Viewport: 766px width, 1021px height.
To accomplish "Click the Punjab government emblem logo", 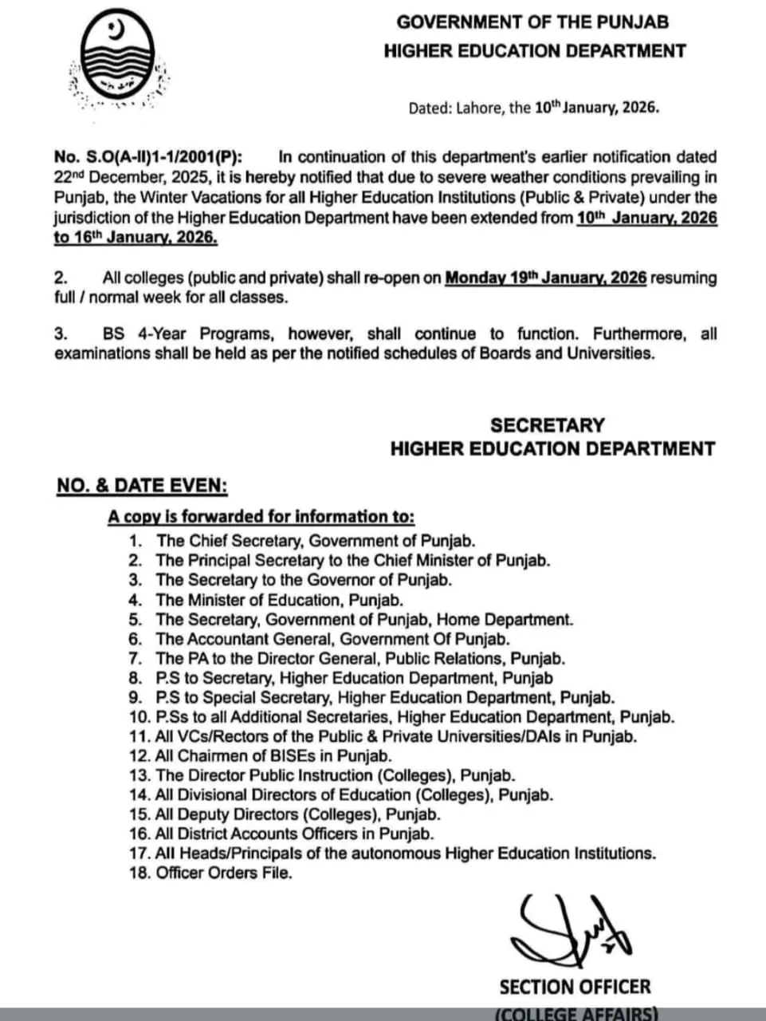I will click(x=120, y=60).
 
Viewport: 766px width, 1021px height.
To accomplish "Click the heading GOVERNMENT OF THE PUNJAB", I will click(x=532, y=22).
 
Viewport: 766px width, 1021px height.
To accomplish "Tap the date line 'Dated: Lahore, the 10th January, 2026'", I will click(x=533, y=108).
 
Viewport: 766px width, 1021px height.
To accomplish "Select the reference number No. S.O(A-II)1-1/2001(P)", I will click(x=148, y=157).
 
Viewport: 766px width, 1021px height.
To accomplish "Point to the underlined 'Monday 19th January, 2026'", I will click(x=545, y=278).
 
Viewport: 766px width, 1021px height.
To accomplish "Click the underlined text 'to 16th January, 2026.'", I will click(x=136, y=237).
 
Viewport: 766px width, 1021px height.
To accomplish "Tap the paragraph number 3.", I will click(x=61, y=334).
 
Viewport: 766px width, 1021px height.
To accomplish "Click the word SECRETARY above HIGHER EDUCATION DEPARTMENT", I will click(x=547, y=425).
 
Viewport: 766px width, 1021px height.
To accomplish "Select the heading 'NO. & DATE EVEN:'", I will click(x=142, y=486).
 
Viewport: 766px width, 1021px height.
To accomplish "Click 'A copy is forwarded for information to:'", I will click(x=261, y=517).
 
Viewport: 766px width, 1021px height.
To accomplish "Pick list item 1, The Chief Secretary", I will click(x=316, y=541).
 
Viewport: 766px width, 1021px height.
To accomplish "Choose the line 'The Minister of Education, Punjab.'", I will click(x=279, y=600).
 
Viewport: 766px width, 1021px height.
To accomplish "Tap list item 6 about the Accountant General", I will click(x=332, y=639).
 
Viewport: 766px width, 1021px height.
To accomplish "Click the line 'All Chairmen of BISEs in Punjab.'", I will click(x=273, y=755).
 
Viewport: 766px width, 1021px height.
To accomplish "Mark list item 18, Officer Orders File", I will click(x=223, y=873).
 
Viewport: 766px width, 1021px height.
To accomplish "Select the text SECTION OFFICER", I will click(x=575, y=987).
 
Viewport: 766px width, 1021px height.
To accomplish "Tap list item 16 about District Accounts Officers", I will click(x=294, y=834).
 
